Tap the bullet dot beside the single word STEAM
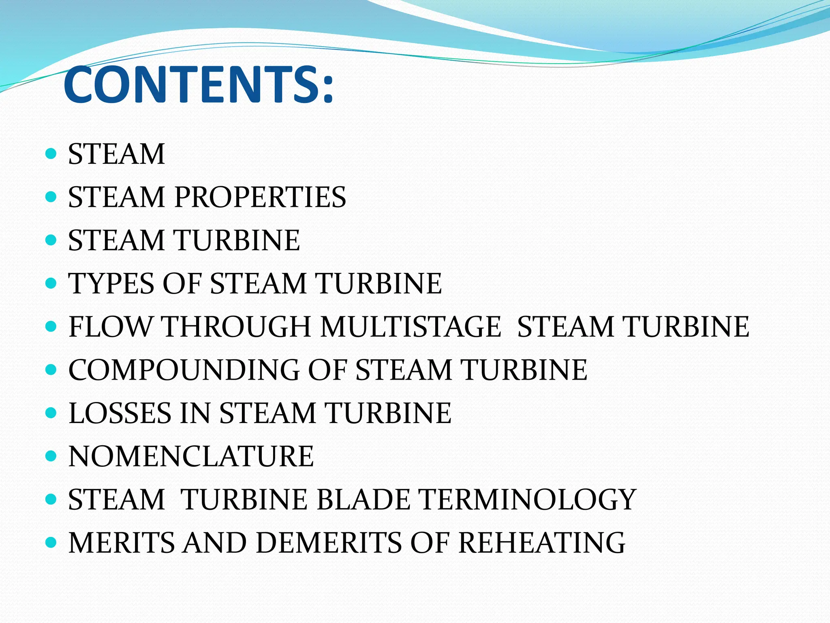coord(51,154)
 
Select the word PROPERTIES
coord(260,198)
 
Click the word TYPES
coord(111,284)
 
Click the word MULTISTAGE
coord(411,327)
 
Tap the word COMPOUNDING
coord(184,370)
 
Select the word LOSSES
coord(120,413)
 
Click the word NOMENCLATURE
coord(191,457)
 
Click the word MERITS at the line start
coord(122,543)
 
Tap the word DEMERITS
coord(328,543)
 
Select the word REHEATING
coord(542,543)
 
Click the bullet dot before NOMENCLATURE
coord(51,456)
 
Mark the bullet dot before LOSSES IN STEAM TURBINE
coord(51,413)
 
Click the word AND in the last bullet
coord(214,543)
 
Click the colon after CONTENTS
coord(327,87)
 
